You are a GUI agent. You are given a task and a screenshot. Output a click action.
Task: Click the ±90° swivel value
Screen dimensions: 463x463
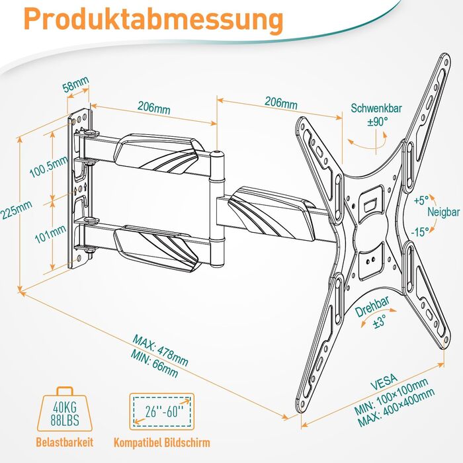click(378, 121)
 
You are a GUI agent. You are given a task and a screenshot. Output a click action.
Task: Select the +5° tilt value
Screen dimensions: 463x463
click(421, 199)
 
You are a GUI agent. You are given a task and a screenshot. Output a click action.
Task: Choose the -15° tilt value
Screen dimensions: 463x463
click(419, 231)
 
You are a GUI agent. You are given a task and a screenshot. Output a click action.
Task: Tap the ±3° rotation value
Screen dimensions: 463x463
click(379, 323)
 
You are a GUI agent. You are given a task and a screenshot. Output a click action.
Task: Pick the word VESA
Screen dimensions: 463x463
click(384, 379)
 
